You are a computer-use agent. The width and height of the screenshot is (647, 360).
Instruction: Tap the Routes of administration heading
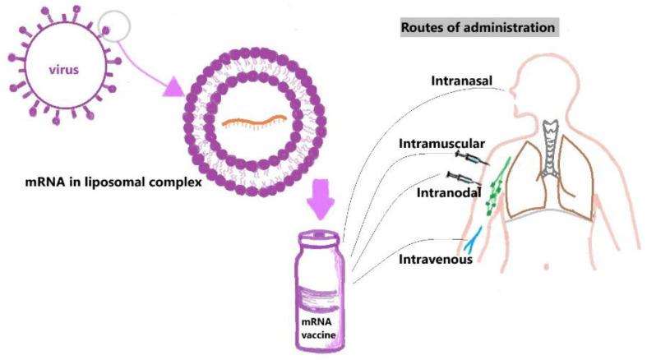(477, 28)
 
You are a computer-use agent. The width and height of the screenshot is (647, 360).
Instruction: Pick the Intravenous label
(435, 260)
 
